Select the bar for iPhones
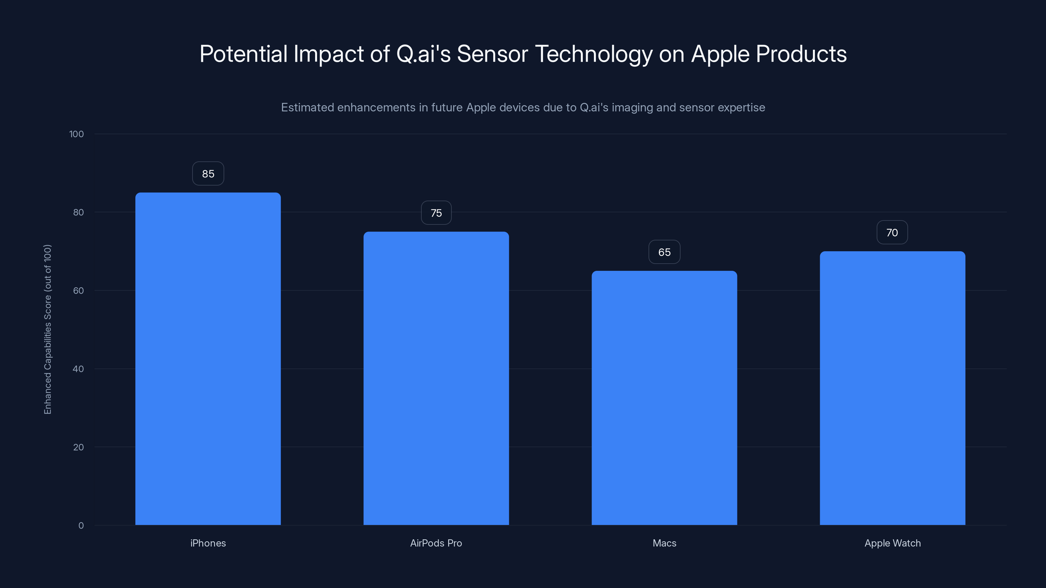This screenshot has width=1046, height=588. pos(208,359)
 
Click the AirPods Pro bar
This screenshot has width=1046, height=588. pos(436,378)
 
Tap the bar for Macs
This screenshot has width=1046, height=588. pos(664,398)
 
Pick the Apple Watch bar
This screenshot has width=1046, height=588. pos(892,388)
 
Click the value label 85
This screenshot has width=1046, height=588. pos(208,174)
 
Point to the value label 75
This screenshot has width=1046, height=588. pos(436,213)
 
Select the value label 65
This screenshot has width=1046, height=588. pos(664,252)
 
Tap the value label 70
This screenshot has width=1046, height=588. pos(892,233)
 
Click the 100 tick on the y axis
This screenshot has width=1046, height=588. pos(76,134)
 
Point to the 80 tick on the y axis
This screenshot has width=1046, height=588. pos(78,212)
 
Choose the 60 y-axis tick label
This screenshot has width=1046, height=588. pos(78,290)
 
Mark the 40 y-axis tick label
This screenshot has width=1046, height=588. pos(78,369)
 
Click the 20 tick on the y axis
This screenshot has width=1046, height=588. pos(78,447)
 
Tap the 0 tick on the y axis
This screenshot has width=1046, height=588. pos(81,526)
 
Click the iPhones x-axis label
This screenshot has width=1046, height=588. pos(208,543)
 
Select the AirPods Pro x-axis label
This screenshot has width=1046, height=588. pos(436,543)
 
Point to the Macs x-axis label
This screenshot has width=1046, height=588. pos(664,543)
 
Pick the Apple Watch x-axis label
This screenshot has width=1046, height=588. pos(892,543)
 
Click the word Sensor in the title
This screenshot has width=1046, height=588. pos(492,54)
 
